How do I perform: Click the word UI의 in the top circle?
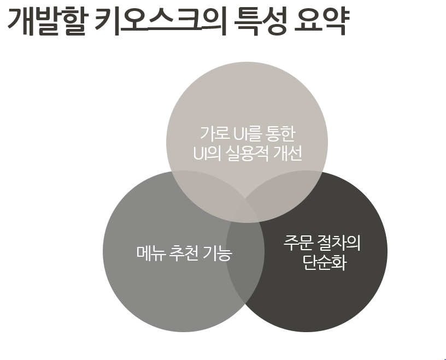(x=204, y=154)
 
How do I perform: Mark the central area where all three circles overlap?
(x=246, y=210)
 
